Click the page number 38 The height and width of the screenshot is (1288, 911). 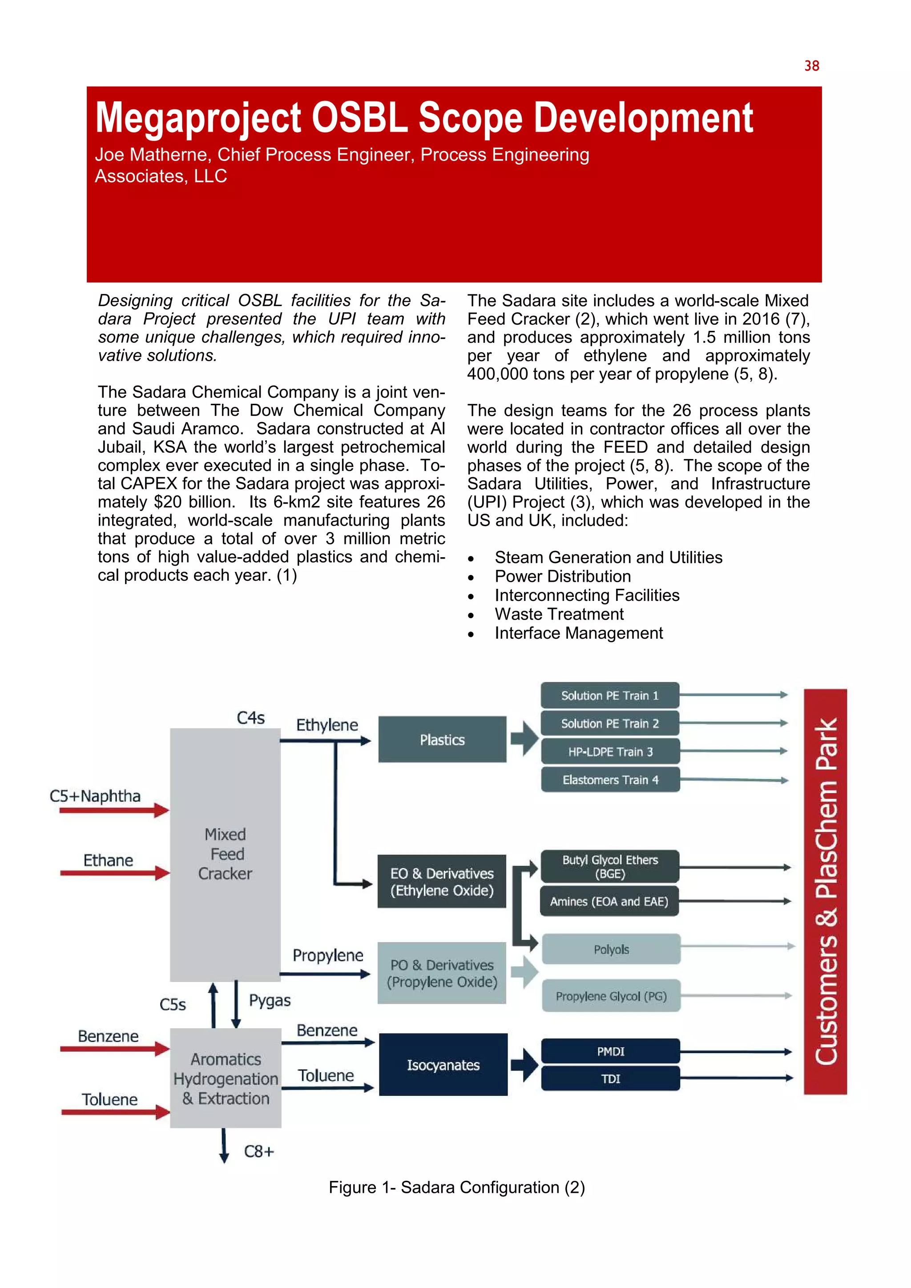click(x=811, y=66)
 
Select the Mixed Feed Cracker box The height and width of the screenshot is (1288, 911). click(x=225, y=854)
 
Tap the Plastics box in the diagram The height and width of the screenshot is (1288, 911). click(x=442, y=739)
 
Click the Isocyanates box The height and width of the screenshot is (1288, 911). click(x=443, y=1064)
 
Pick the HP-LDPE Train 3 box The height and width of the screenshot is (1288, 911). click(x=610, y=752)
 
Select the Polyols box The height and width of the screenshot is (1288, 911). click(x=611, y=949)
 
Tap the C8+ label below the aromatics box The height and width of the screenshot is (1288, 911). click(x=258, y=1151)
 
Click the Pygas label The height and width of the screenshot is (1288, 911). click(x=270, y=1001)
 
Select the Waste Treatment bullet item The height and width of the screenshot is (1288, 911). click(x=559, y=614)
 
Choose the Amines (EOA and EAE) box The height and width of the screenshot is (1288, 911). click(x=609, y=902)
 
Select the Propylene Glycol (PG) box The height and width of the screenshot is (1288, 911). click(x=611, y=996)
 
